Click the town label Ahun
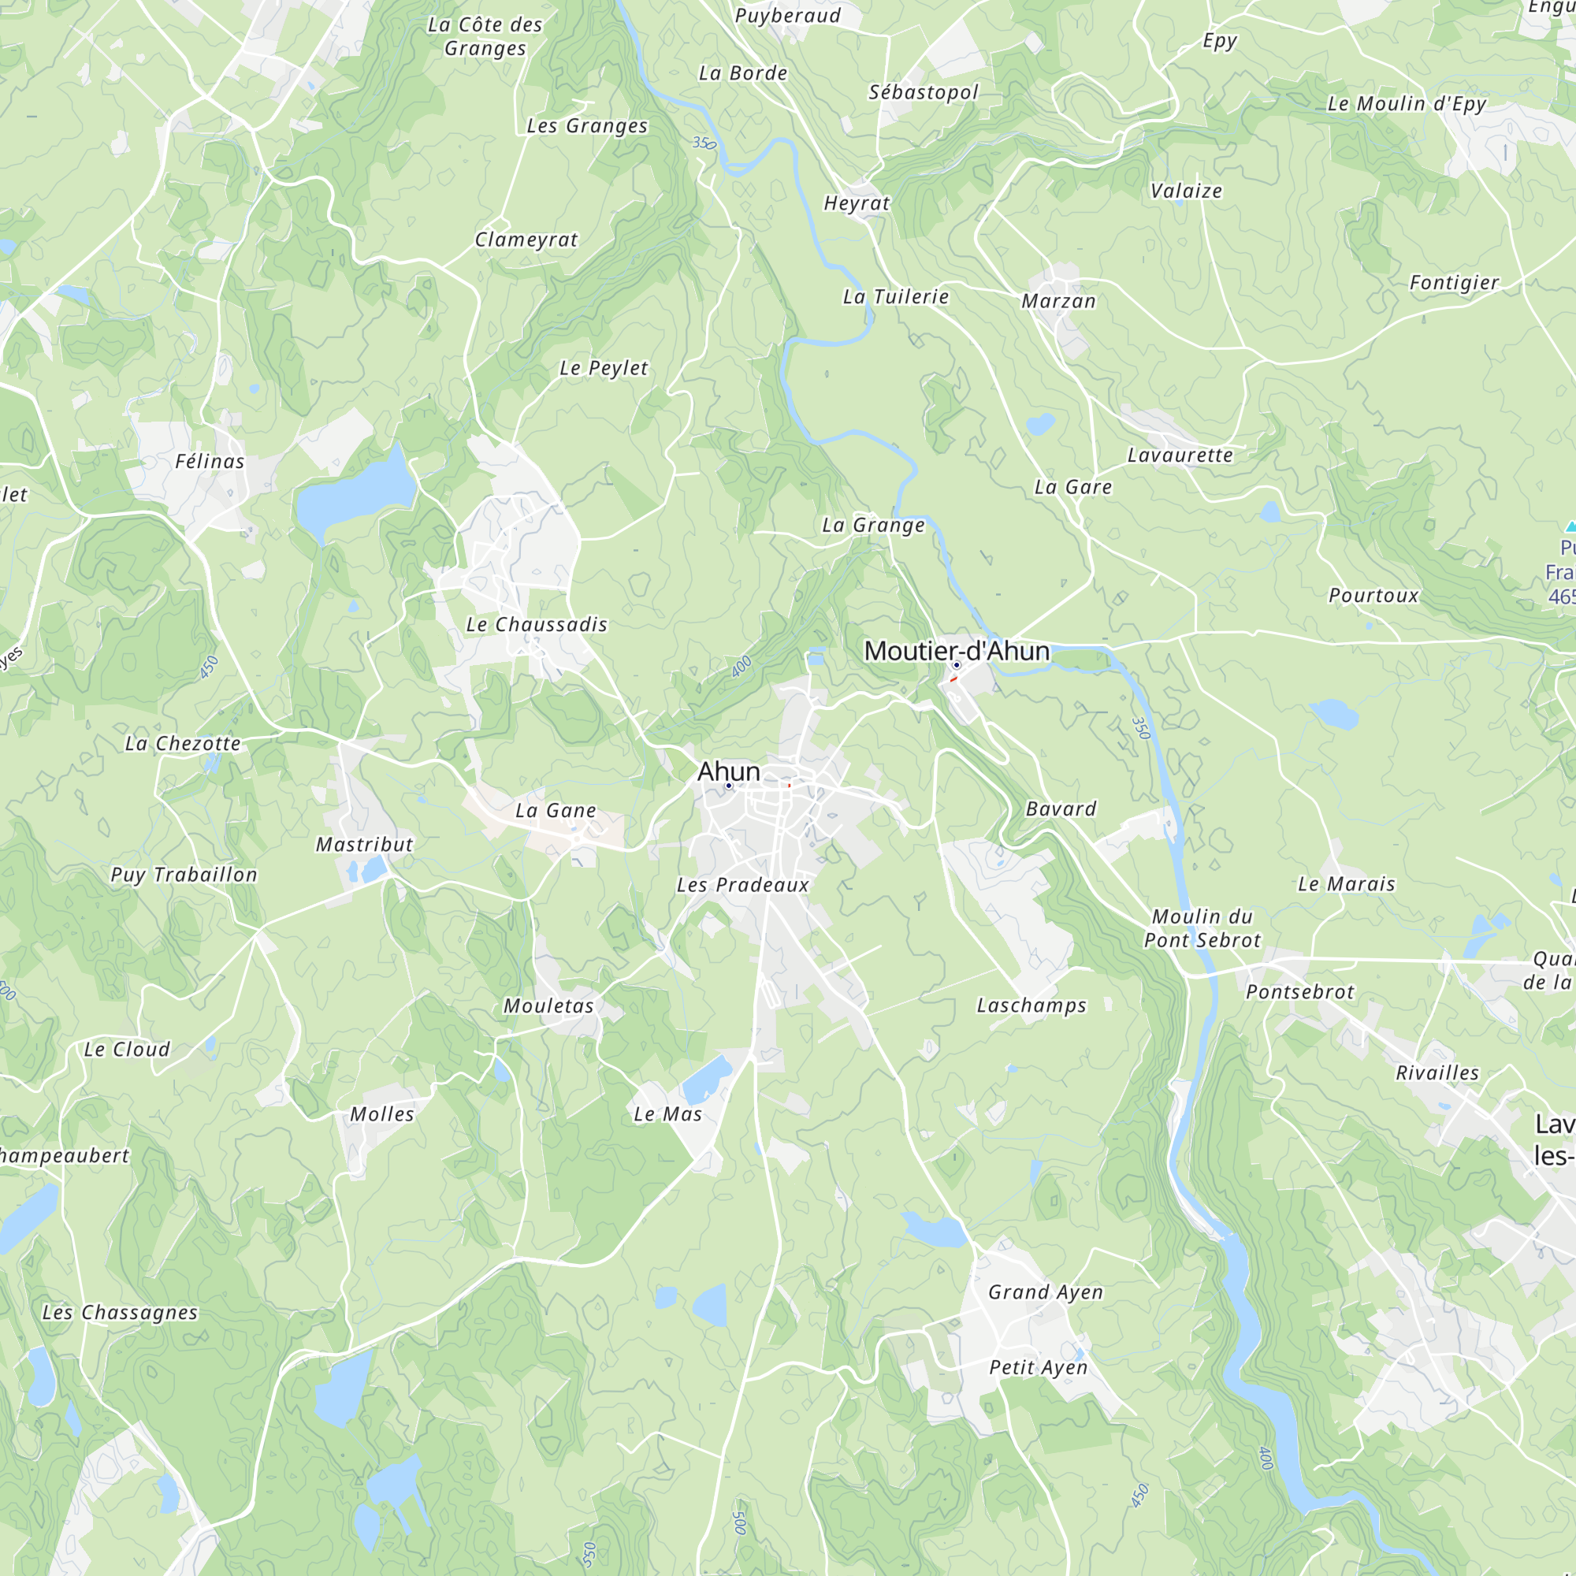(728, 771)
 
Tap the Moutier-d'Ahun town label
(956, 651)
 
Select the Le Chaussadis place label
(537, 625)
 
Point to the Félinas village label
(210, 462)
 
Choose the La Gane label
(556, 811)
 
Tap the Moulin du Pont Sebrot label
(1202, 928)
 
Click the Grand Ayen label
(1045, 1292)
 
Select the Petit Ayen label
(1038, 1367)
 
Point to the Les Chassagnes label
(120, 1313)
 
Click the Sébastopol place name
(923, 92)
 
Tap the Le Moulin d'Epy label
(1407, 103)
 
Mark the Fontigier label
(1454, 282)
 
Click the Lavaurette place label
(1180, 455)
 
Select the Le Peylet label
(604, 369)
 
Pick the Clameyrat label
(526, 240)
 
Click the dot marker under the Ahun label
(728, 786)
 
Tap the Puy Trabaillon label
(184, 875)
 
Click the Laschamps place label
(1032, 1005)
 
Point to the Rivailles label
(1437, 1072)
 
